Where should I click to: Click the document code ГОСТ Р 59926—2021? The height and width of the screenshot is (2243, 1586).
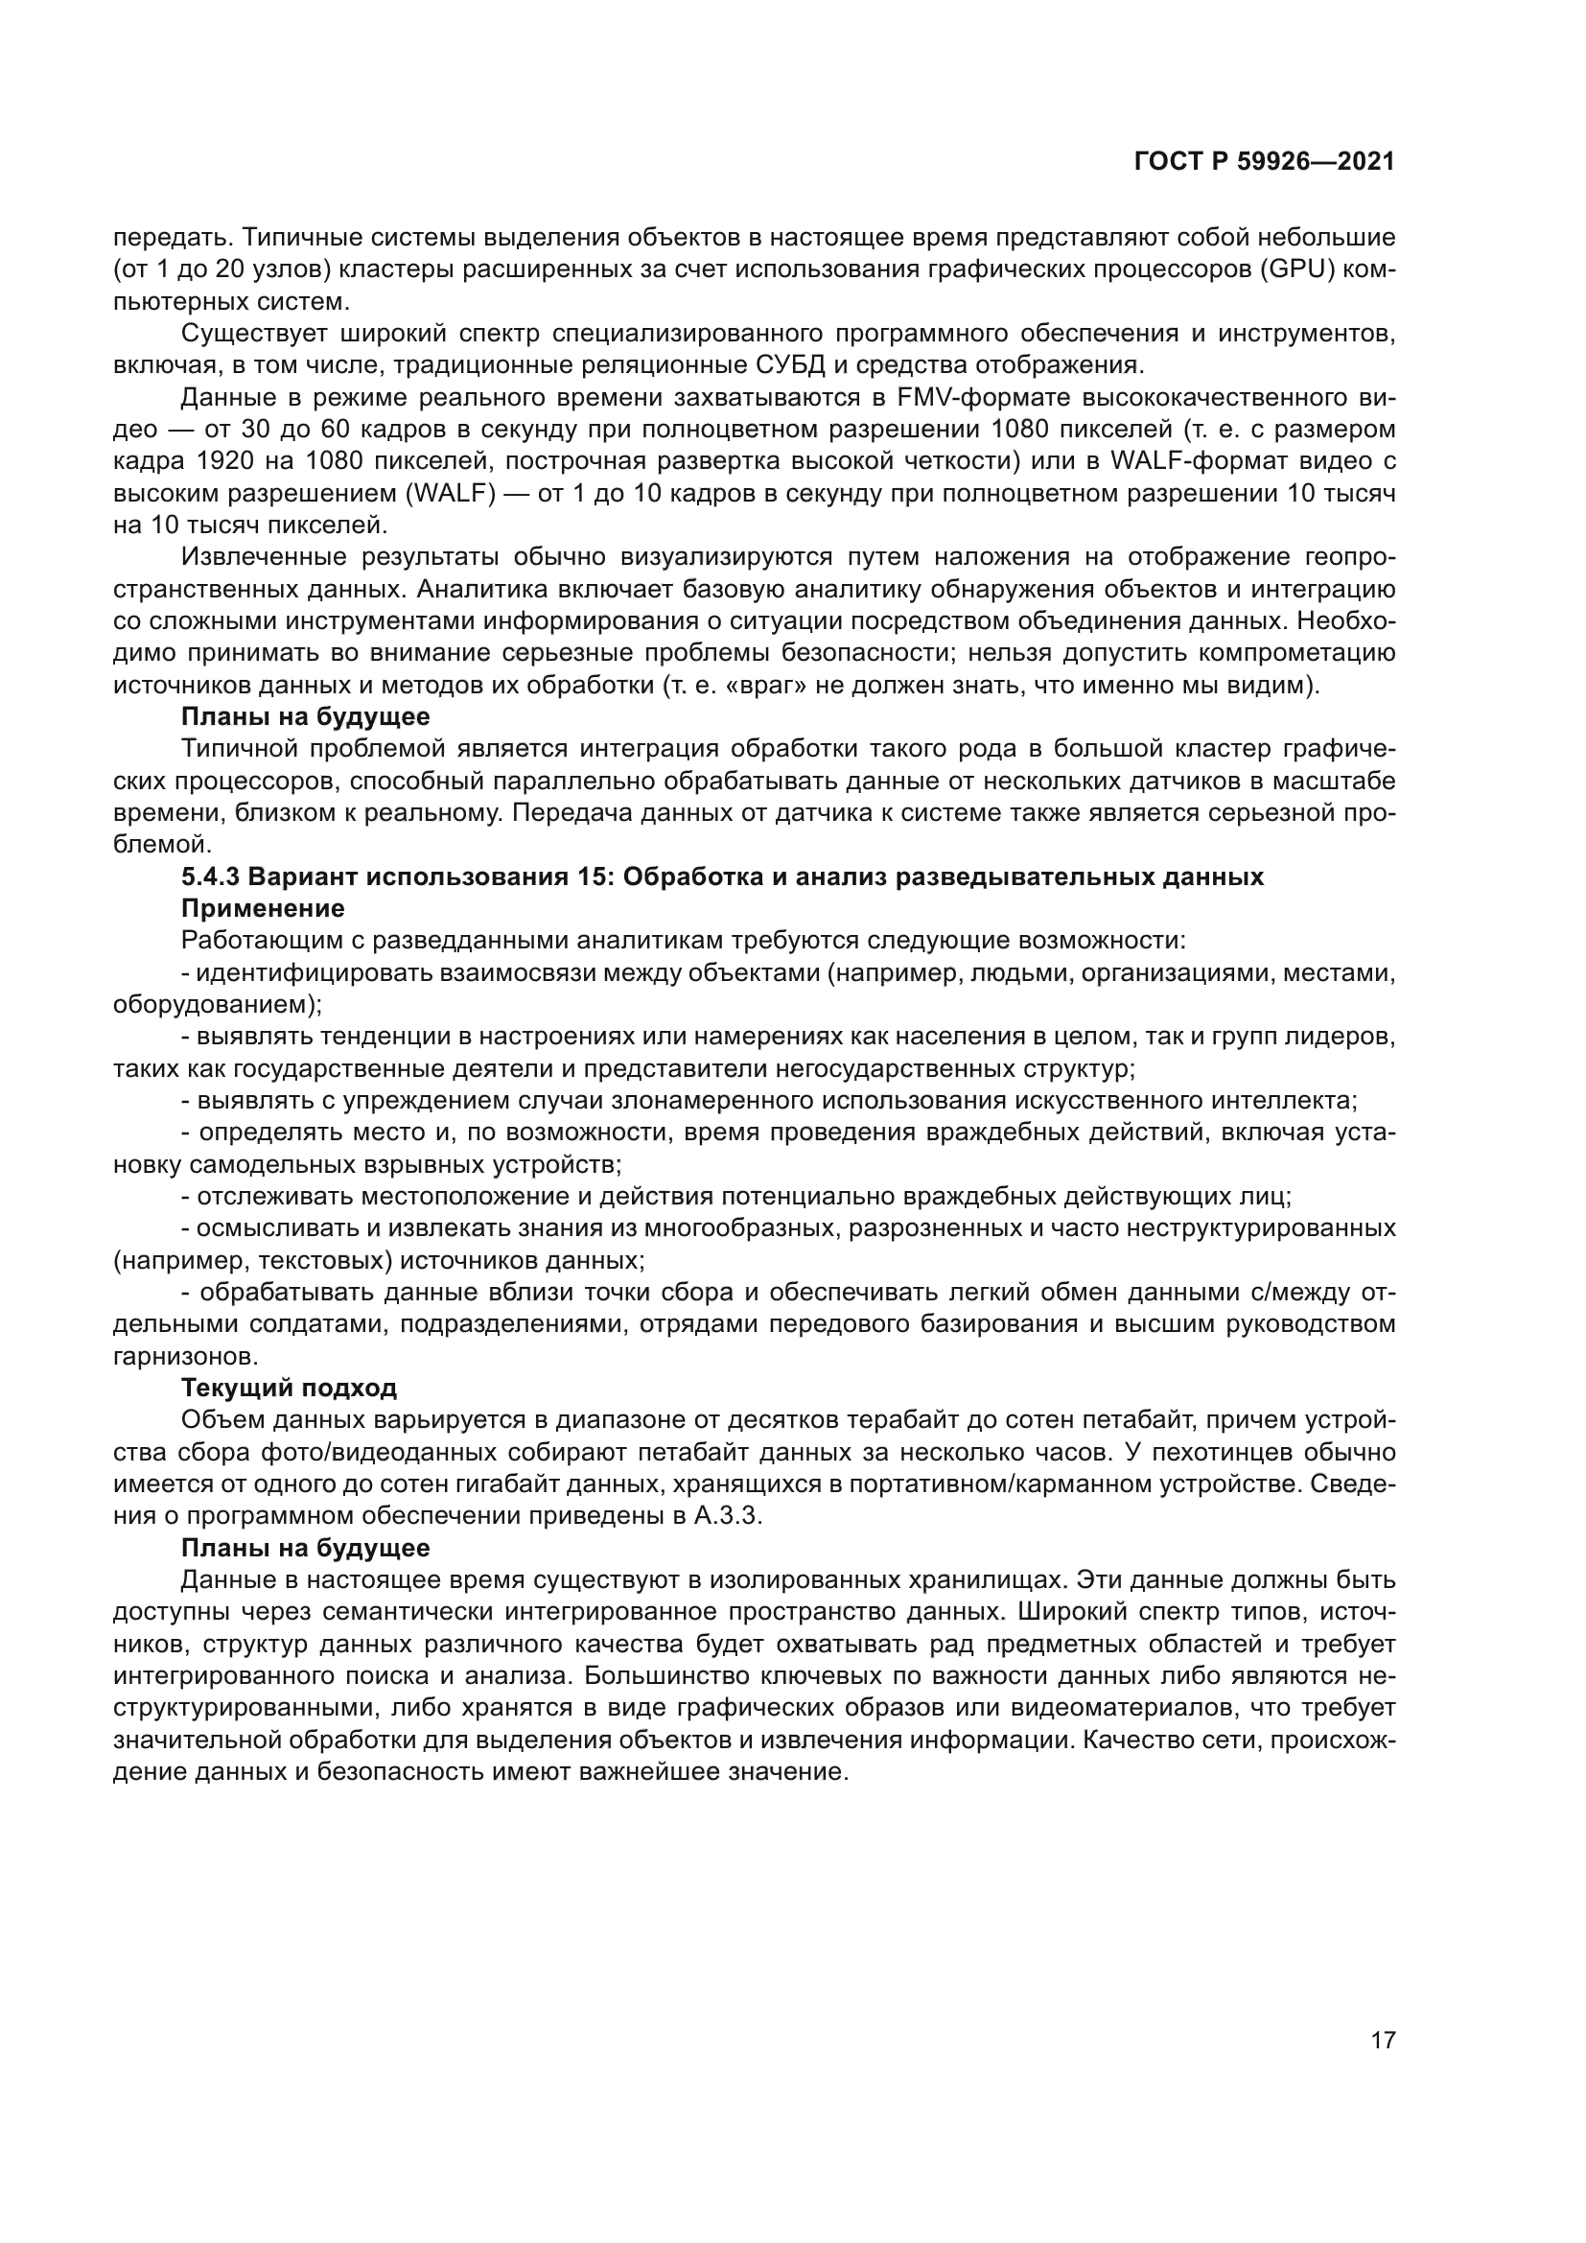pyautogui.click(x=1264, y=162)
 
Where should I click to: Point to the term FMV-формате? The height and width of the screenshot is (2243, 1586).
pyautogui.click(x=976, y=398)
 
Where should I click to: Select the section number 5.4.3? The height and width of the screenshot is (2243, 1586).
pyautogui.click(x=211, y=876)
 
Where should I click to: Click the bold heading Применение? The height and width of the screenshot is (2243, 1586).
pyautogui.click(x=263, y=908)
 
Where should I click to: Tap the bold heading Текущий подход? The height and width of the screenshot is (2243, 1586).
pyautogui.click(x=289, y=1388)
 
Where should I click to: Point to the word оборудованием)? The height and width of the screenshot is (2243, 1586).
pyautogui.click(x=218, y=1004)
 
